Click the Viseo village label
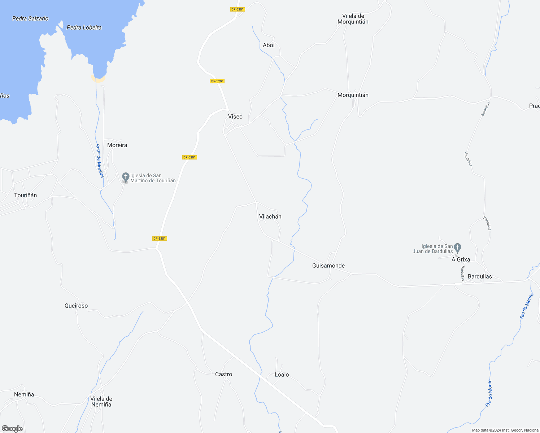[235, 117]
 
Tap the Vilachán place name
[270, 217]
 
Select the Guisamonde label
[328, 266]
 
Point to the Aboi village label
[269, 45]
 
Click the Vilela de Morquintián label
[353, 19]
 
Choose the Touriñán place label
[26, 196]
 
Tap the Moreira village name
[117, 145]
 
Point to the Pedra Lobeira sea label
[84, 28]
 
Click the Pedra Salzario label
[30, 19]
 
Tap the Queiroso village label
[76, 306]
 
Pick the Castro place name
[224, 375]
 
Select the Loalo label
[282, 375]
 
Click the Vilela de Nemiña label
[101, 402]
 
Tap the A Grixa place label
[461, 260]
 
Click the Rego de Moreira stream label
[99, 161]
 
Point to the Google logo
[12, 429]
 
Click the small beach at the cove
[99, 79]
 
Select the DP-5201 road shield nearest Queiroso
[160, 239]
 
